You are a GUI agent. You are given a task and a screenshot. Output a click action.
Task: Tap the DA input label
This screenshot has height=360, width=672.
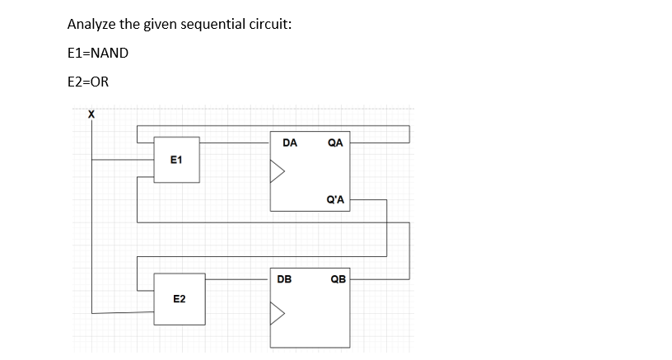point(289,143)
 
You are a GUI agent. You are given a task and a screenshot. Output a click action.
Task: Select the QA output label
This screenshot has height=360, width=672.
point(335,143)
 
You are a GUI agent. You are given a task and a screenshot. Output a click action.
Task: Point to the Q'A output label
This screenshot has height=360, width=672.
point(335,199)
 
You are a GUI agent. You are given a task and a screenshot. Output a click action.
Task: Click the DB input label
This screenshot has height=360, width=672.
point(284,278)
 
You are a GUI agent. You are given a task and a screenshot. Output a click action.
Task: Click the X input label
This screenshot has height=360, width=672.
point(91,115)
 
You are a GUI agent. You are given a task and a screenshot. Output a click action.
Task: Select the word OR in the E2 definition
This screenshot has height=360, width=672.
point(100,82)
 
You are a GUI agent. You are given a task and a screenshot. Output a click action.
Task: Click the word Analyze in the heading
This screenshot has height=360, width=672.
point(91,24)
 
